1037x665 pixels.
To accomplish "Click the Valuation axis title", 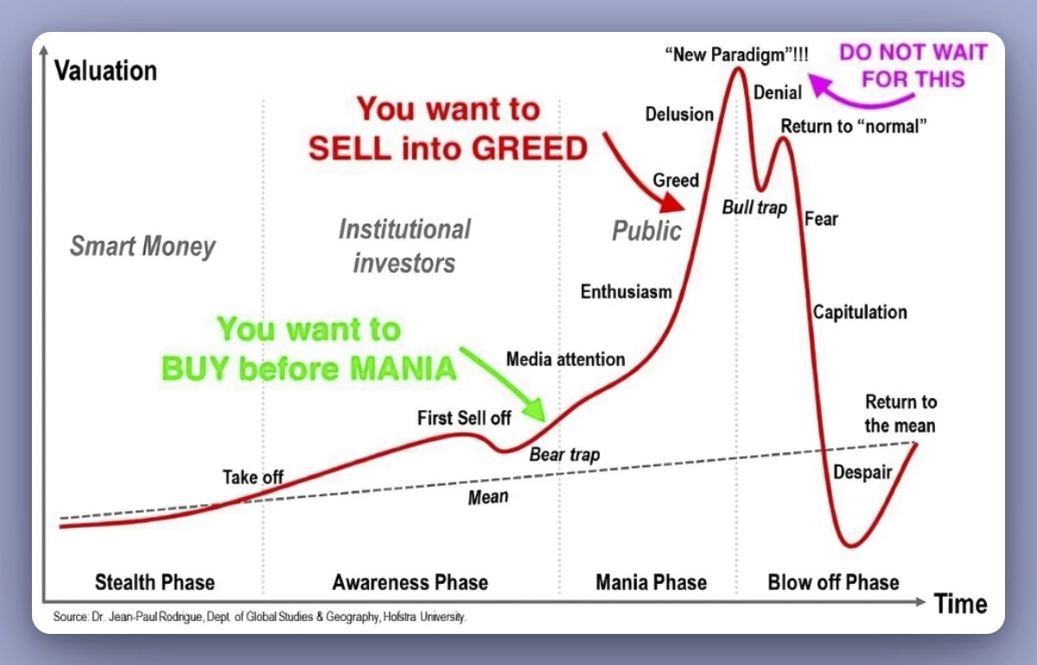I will (105, 70).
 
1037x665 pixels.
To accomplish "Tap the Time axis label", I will (960, 603).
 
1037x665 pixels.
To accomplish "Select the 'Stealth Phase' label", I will (155, 582).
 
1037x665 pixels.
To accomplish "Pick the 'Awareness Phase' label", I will (410, 582).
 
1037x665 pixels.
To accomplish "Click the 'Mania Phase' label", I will (651, 582).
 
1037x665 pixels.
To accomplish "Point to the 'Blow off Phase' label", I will (833, 582).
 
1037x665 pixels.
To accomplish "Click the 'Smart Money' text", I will (143, 247).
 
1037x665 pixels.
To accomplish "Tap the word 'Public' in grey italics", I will (646, 231).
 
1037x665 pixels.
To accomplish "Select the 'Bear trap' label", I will (564, 454).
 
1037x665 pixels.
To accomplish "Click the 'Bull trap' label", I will (754, 208).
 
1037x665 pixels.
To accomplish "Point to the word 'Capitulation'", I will (860, 312).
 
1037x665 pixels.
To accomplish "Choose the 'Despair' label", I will (862, 472).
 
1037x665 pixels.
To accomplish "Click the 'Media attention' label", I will (565, 358).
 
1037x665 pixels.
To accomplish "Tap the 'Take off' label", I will (252, 477).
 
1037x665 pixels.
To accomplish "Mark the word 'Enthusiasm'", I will (626, 291).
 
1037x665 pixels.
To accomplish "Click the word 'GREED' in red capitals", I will (529, 149).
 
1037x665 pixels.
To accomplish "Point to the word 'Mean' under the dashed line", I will (487, 497).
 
